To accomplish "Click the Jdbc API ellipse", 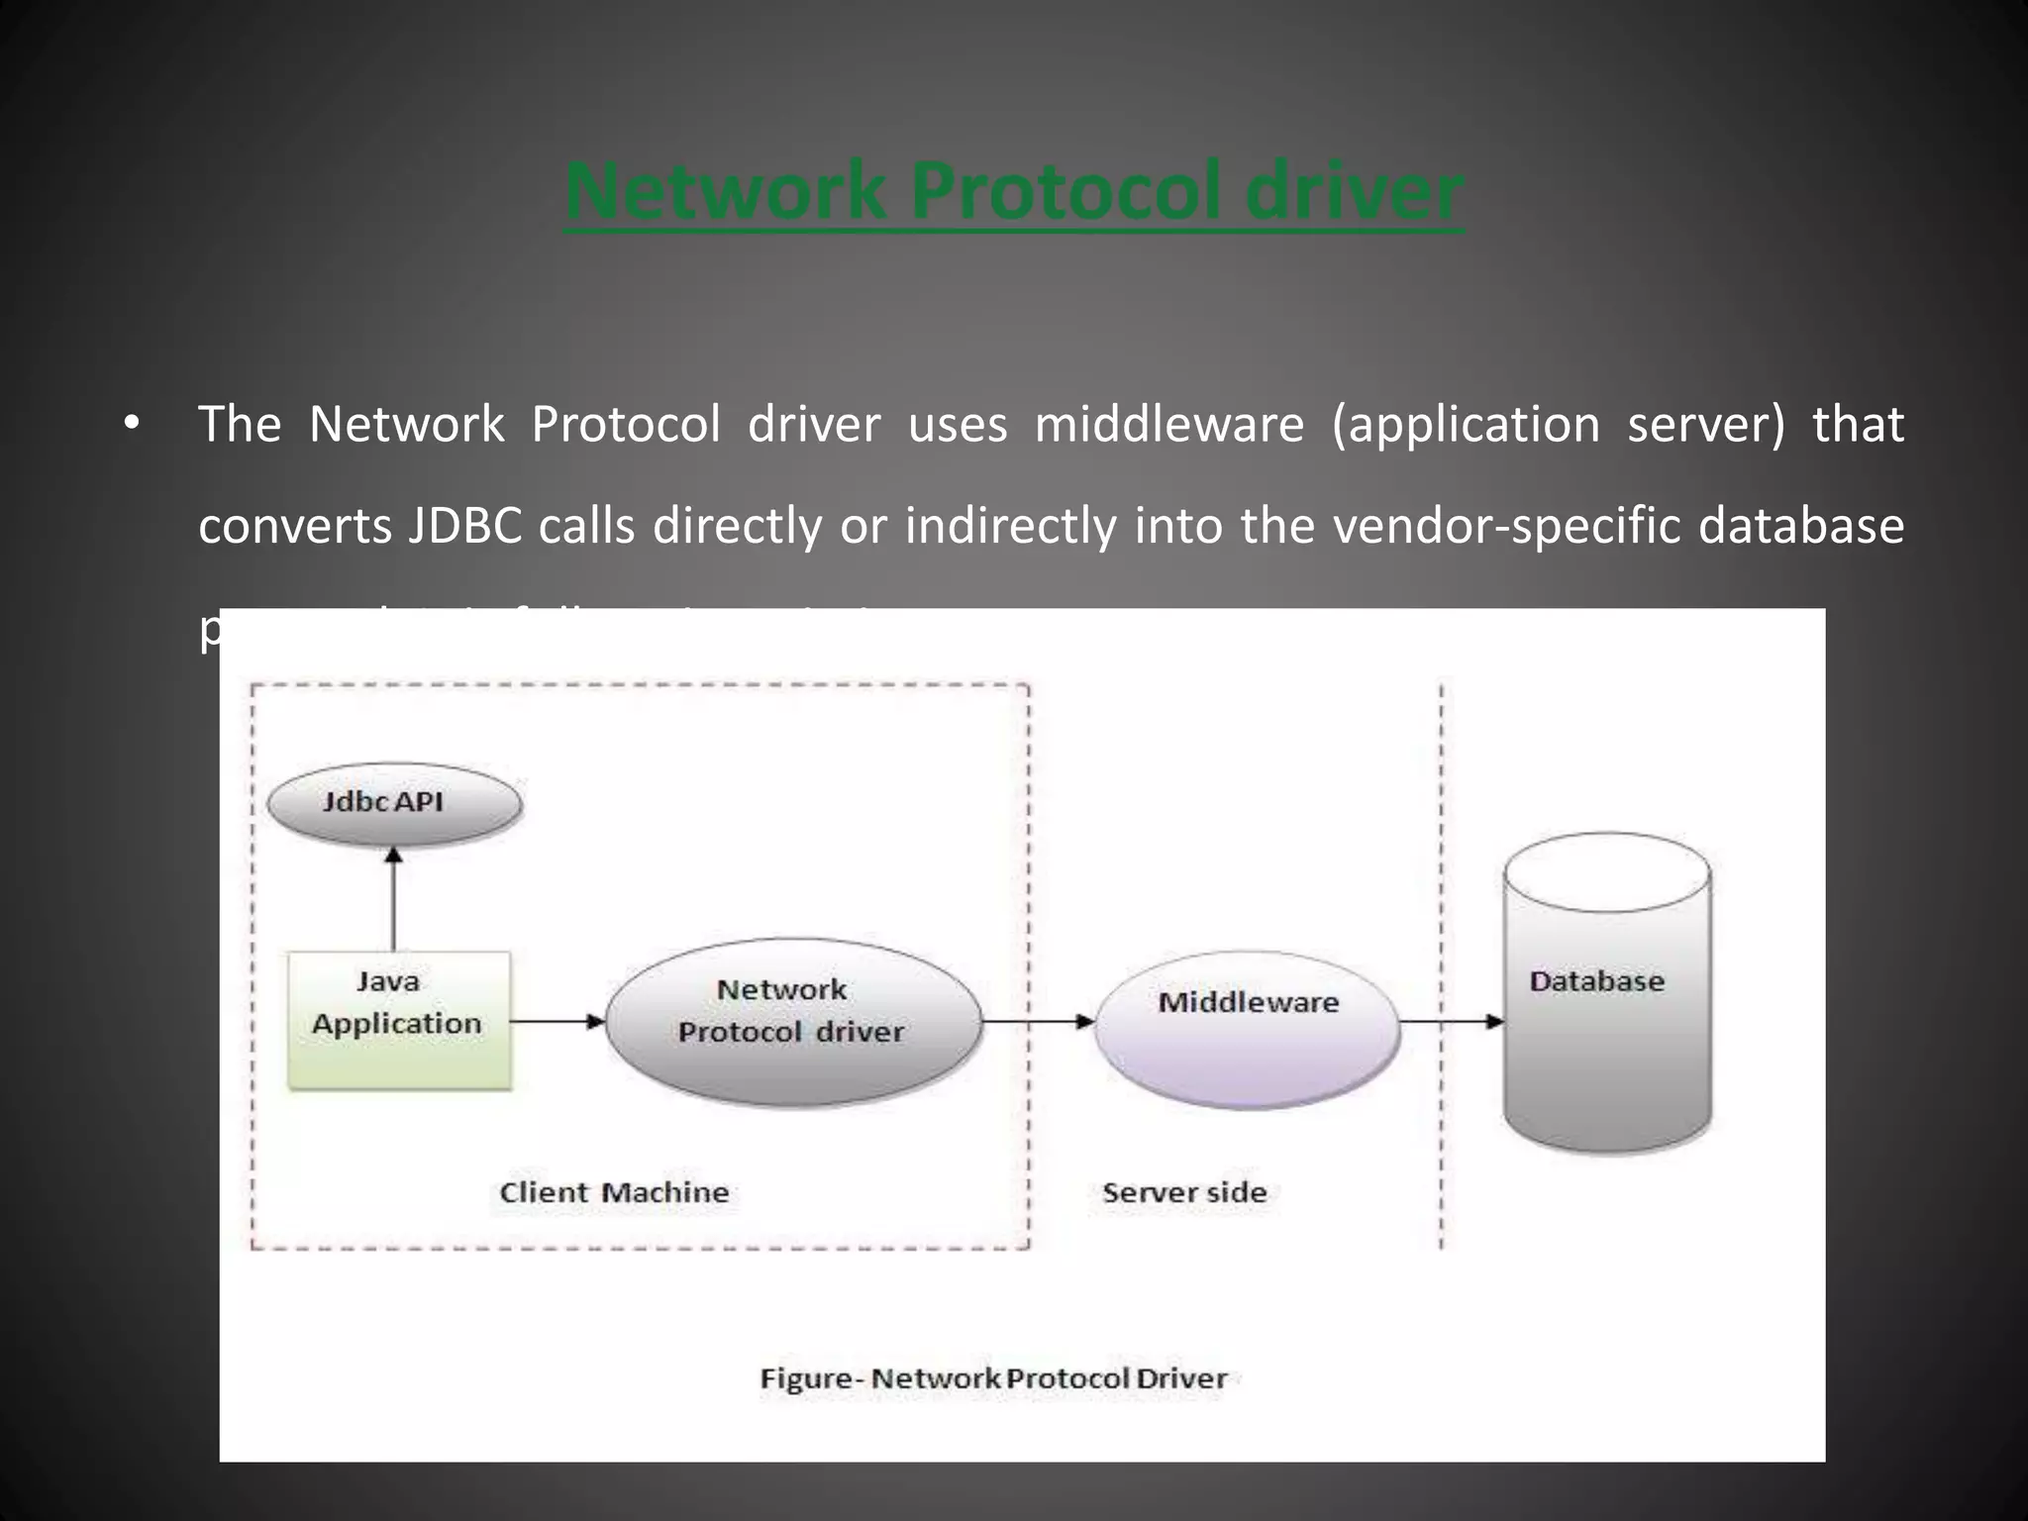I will point(395,803).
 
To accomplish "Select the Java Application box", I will point(399,1020).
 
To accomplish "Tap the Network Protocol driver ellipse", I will point(792,1021).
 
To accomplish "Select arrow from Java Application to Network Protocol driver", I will point(558,1021).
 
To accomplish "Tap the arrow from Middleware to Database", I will point(1452,1021).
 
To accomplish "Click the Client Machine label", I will point(614,1192).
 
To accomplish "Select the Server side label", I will point(1184,1192).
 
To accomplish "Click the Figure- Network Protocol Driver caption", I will point(993,1378).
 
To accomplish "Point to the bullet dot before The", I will point(132,426).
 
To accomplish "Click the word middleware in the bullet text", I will point(1168,425).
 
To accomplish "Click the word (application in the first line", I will point(1465,425).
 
